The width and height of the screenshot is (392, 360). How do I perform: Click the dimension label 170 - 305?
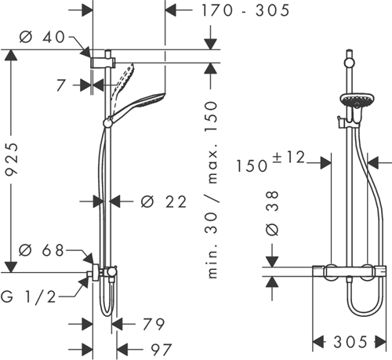click(x=233, y=10)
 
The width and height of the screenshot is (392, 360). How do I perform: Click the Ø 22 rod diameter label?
click(x=164, y=202)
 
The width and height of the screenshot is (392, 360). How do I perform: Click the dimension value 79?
click(x=155, y=323)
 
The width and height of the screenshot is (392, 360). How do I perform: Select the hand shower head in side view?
click(x=141, y=103)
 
